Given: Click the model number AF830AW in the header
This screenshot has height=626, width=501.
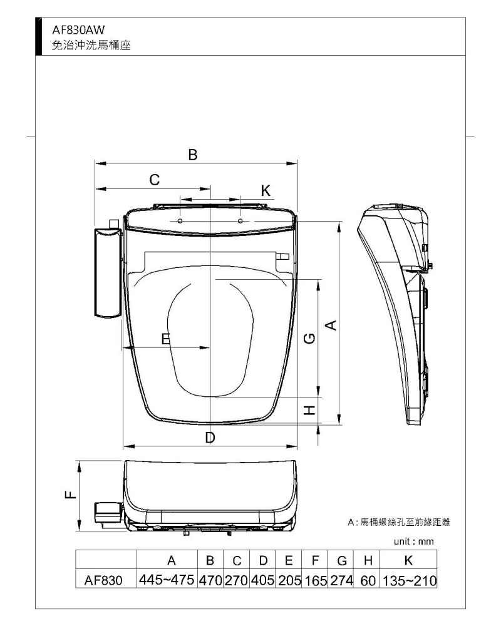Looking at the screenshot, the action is pos(78,29).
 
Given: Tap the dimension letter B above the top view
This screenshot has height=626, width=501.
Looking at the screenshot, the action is pos(193,155).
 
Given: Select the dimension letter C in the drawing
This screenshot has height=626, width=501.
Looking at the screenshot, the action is pos(155,180).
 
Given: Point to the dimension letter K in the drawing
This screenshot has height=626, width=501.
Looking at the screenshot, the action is pos(266,191).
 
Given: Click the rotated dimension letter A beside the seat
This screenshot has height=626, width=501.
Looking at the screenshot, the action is pos(331,326).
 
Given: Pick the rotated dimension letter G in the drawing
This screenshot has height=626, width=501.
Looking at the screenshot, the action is pos(309,339).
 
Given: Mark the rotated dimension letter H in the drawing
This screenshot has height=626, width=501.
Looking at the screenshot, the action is pos(309,410).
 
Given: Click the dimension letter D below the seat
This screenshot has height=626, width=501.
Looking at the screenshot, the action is pos(210,438).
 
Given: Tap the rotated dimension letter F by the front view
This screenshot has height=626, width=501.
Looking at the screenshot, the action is pos(70,495).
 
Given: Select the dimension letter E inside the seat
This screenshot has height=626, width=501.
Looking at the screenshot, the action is pos(165,339).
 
